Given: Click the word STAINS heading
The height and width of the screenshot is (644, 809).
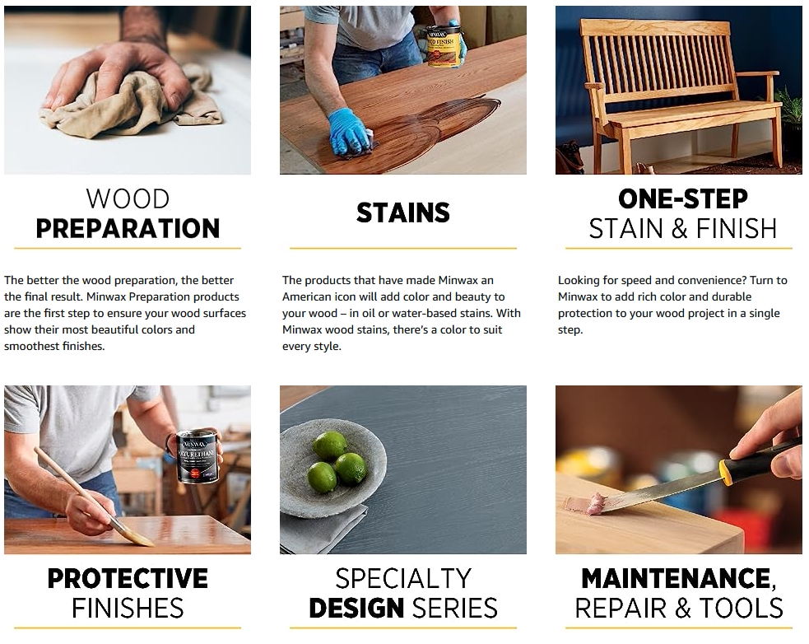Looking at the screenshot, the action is coord(403,212).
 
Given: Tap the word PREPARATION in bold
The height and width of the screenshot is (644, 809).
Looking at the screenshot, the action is coord(128,229).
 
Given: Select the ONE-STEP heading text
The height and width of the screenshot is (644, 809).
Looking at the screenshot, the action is coord(682,198).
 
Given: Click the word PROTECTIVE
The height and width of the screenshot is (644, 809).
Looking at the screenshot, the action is coord(128,578).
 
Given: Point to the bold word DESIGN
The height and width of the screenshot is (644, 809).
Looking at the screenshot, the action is coord(356,608).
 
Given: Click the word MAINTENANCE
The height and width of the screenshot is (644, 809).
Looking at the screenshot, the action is coord(676,578).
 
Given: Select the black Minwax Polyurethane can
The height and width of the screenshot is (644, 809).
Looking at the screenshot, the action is coord(197,456).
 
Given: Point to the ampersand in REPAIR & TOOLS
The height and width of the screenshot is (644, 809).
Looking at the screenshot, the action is coord(682,608).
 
